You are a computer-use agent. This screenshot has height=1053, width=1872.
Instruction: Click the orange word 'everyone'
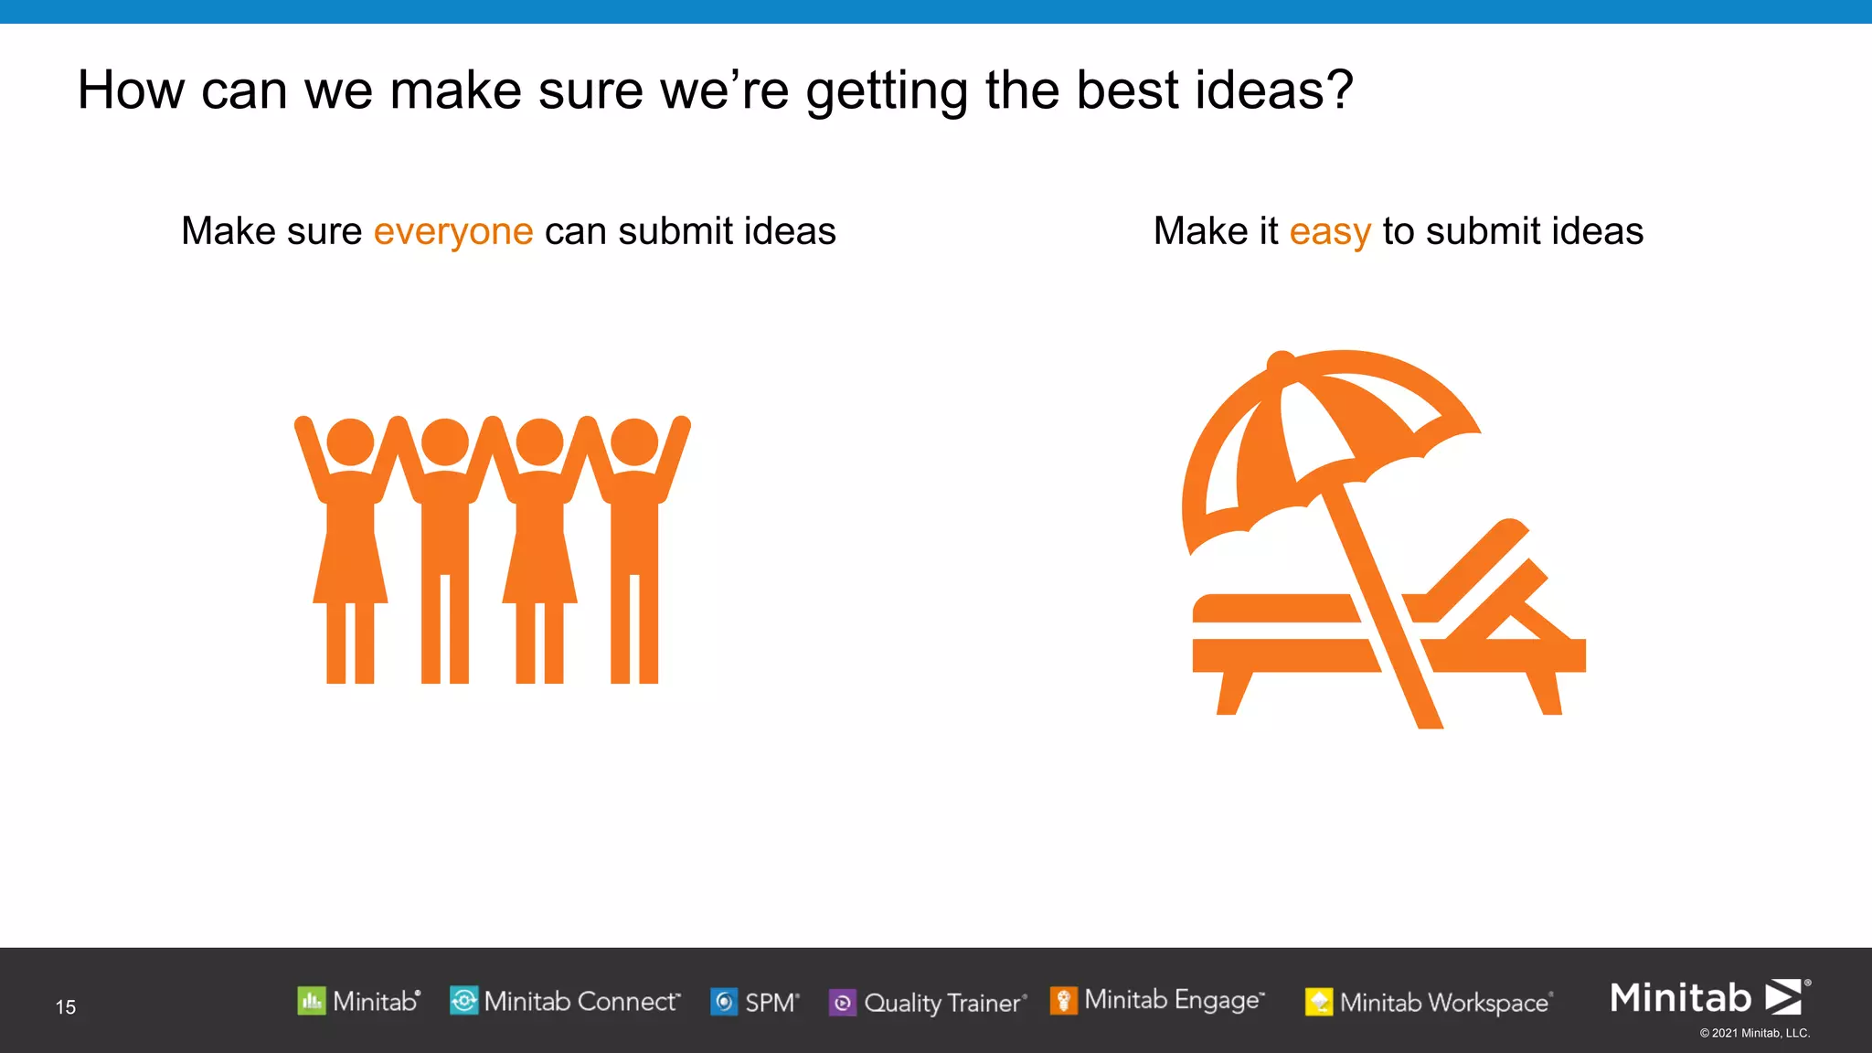[x=452, y=232]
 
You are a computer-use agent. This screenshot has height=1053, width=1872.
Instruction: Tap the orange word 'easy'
[x=1329, y=232]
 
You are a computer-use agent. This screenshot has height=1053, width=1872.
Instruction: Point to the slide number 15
[x=66, y=1007]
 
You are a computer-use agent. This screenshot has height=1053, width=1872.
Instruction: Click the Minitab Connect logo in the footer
[x=565, y=1002]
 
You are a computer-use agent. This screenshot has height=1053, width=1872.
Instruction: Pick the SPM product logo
[x=755, y=1003]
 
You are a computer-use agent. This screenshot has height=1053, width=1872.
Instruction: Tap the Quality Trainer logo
[x=928, y=1003]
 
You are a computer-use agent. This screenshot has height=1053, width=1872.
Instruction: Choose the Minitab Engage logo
[x=1157, y=1001]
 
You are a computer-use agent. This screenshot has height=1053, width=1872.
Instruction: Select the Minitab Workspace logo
[x=1429, y=1003]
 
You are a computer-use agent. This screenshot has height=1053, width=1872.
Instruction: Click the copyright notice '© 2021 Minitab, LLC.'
[x=1754, y=1034]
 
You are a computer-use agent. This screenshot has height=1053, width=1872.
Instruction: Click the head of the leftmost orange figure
[x=350, y=441]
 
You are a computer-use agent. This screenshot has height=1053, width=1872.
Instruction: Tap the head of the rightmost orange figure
[x=634, y=441]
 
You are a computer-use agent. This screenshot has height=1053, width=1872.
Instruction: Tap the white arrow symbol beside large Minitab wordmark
[x=1783, y=997]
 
